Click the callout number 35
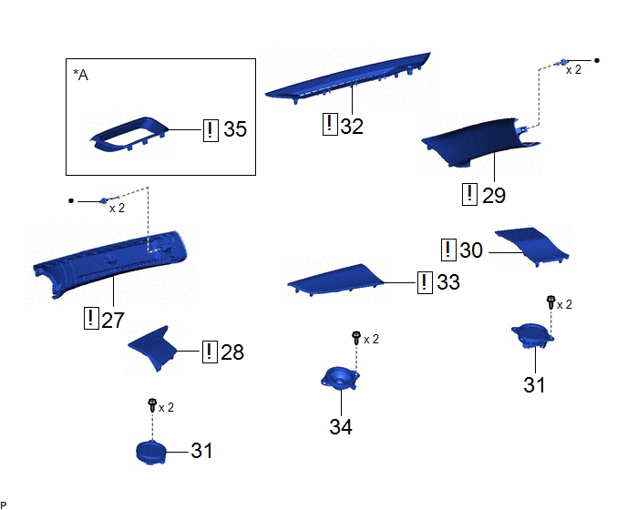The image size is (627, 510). pyautogui.click(x=235, y=129)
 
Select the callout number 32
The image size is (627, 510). pyautogui.click(x=352, y=127)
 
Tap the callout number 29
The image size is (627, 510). pyautogui.click(x=494, y=196)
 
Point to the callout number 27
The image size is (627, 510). pyautogui.click(x=113, y=321)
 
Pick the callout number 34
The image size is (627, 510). pyautogui.click(x=341, y=427)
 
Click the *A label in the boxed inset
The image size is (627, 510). pyautogui.click(x=81, y=75)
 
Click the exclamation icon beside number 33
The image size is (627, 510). pyautogui.click(x=425, y=282)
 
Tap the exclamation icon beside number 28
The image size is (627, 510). pyautogui.click(x=210, y=352)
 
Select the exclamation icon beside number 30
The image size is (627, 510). pyautogui.click(x=448, y=250)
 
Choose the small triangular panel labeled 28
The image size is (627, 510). pyautogui.click(x=154, y=347)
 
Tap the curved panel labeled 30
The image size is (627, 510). pyautogui.click(x=532, y=245)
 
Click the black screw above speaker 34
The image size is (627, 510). pyautogui.click(x=356, y=337)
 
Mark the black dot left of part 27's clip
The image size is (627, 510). pyautogui.click(x=71, y=200)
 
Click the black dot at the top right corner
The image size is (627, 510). pyautogui.click(x=597, y=61)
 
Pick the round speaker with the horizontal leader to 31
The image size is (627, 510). pyautogui.click(x=150, y=452)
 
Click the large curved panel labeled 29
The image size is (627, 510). pyautogui.click(x=480, y=142)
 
